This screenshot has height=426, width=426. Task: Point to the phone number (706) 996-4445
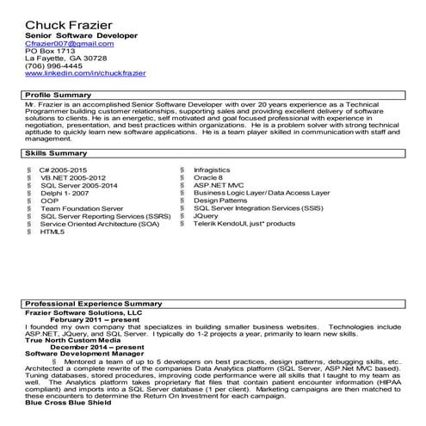pyautogui.click(x=53, y=65)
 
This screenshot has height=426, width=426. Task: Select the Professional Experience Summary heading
pyautogui.click(x=93, y=304)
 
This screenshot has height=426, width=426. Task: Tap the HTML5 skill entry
pyautogui.click(x=52, y=232)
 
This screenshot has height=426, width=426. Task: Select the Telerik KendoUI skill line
pyautogui.click(x=244, y=223)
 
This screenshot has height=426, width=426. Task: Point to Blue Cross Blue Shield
pyautogui.click(x=68, y=402)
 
